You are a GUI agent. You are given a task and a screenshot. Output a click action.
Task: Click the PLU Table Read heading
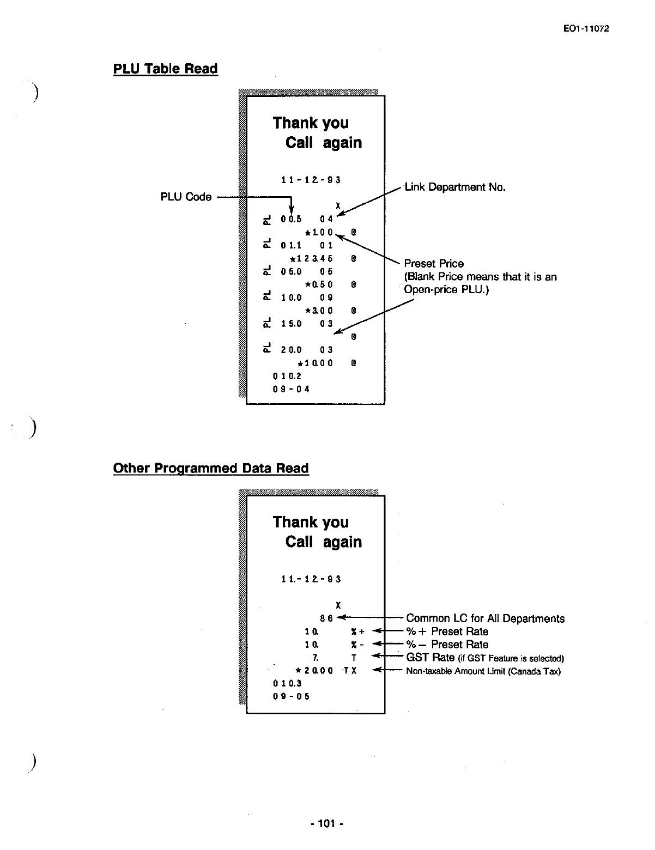pyautogui.click(x=165, y=69)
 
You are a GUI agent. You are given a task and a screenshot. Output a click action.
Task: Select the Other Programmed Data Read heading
pyautogui.click(x=210, y=468)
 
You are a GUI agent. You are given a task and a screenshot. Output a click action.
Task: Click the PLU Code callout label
pyautogui.click(x=186, y=197)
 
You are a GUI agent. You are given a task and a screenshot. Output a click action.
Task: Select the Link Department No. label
pyautogui.click(x=455, y=187)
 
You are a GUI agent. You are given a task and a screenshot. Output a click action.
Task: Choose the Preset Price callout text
pyautogui.click(x=434, y=264)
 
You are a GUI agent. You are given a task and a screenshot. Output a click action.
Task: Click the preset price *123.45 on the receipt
pyautogui.click(x=311, y=258)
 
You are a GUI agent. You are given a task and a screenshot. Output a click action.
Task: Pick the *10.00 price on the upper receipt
pyautogui.click(x=315, y=363)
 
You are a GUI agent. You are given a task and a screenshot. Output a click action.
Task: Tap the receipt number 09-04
pyautogui.click(x=291, y=389)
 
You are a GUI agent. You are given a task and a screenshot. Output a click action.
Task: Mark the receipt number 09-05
pyautogui.click(x=291, y=696)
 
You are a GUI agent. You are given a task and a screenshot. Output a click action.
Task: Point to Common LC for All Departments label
pyautogui.click(x=485, y=618)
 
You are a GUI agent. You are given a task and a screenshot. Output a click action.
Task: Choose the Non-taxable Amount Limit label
pyautogui.click(x=483, y=671)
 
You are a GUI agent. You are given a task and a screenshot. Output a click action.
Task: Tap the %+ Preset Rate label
pyautogui.click(x=447, y=632)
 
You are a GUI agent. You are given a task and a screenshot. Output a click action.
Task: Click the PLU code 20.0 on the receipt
pyautogui.click(x=291, y=350)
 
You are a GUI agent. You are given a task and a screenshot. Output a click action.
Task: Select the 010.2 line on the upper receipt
pyautogui.click(x=287, y=376)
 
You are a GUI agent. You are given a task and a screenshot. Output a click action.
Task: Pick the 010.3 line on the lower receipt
pyautogui.click(x=287, y=683)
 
